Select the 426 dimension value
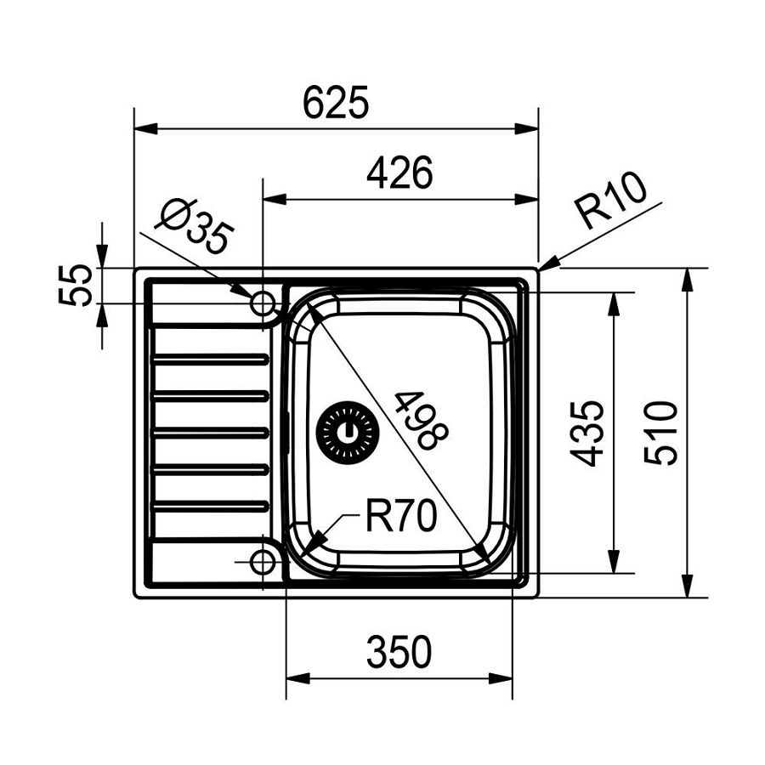pyautogui.click(x=399, y=173)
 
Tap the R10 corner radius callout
pyautogui.click(x=610, y=201)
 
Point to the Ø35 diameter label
pyautogui.click(x=194, y=226)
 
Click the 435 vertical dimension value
pyautogui.click(x=587, y=433)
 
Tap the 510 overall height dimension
pyautogui.click(x=661, y=433)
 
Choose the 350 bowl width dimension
pyautogui.click(x=399, y=653)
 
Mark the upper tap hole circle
pyautogui.click(x=262, y=303)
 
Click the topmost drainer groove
pyautogui.click(x=210, y=360)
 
